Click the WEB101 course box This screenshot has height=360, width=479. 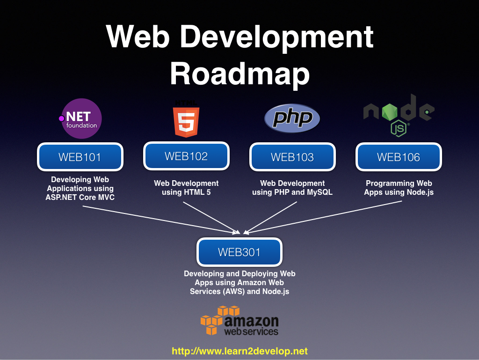pos(80,157)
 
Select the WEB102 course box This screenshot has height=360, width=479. pos(186,156)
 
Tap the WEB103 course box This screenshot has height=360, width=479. pos(292,157)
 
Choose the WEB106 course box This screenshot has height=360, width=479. pos(399,157)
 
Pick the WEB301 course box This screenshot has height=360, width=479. pos(239,252)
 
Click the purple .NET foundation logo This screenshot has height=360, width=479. pos(81,118)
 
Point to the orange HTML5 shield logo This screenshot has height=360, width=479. pos(186,119)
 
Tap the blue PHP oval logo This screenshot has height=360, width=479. pos(292,118)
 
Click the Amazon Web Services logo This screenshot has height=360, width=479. pos(239,321)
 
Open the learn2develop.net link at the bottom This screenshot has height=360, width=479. pos(239,351)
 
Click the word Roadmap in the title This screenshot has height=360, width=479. pos(239,73)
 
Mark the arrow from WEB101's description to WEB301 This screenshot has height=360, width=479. pos(159,219)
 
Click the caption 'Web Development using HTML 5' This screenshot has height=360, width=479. pos(186,187)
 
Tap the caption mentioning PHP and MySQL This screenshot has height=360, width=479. pos(292,187)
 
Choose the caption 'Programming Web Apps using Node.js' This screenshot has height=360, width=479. pos(399,187)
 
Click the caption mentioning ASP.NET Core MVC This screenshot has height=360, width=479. pos(80,188)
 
